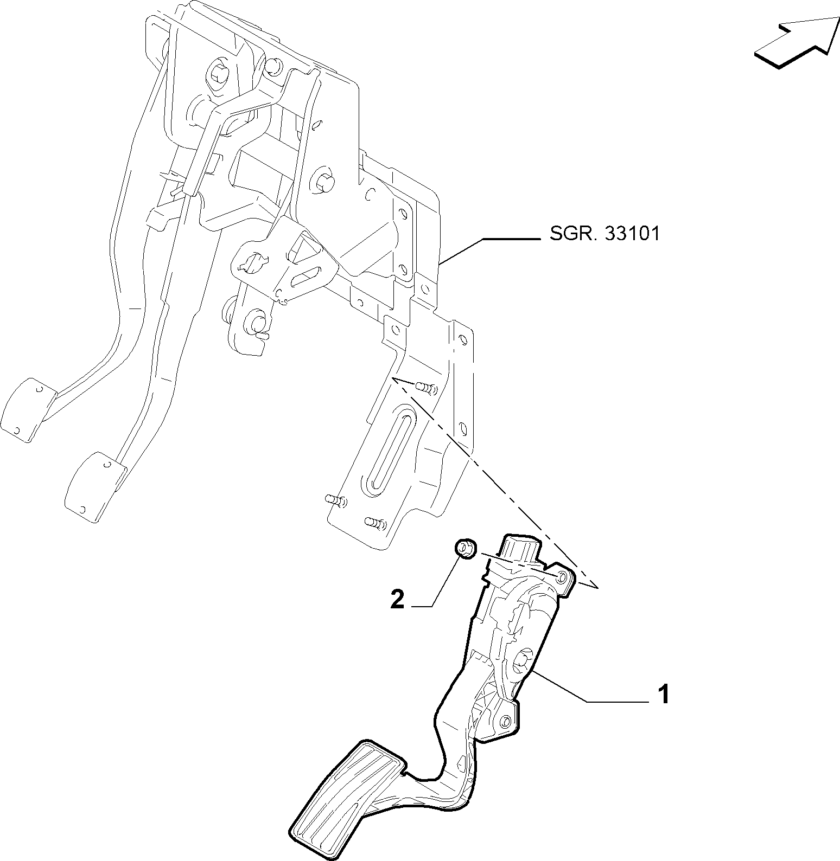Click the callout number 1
663,695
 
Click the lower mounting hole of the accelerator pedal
505,721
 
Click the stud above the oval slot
426,388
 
